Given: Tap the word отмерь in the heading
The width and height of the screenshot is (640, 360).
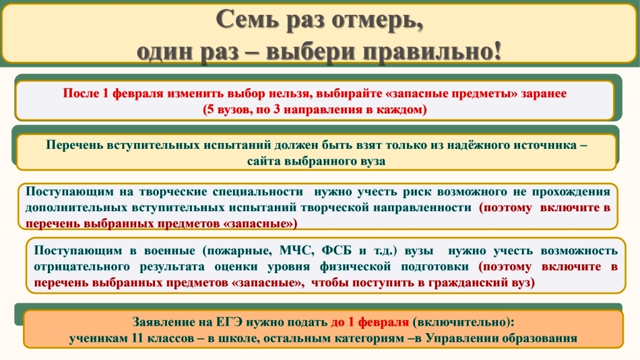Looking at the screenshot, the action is (x=377, y=20).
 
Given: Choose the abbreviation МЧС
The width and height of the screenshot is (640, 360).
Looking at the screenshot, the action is (x=297, y=250).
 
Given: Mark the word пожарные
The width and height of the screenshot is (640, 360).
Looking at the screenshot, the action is (x=237, y=251).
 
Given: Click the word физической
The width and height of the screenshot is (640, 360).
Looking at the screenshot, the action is (x=355, y=266).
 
